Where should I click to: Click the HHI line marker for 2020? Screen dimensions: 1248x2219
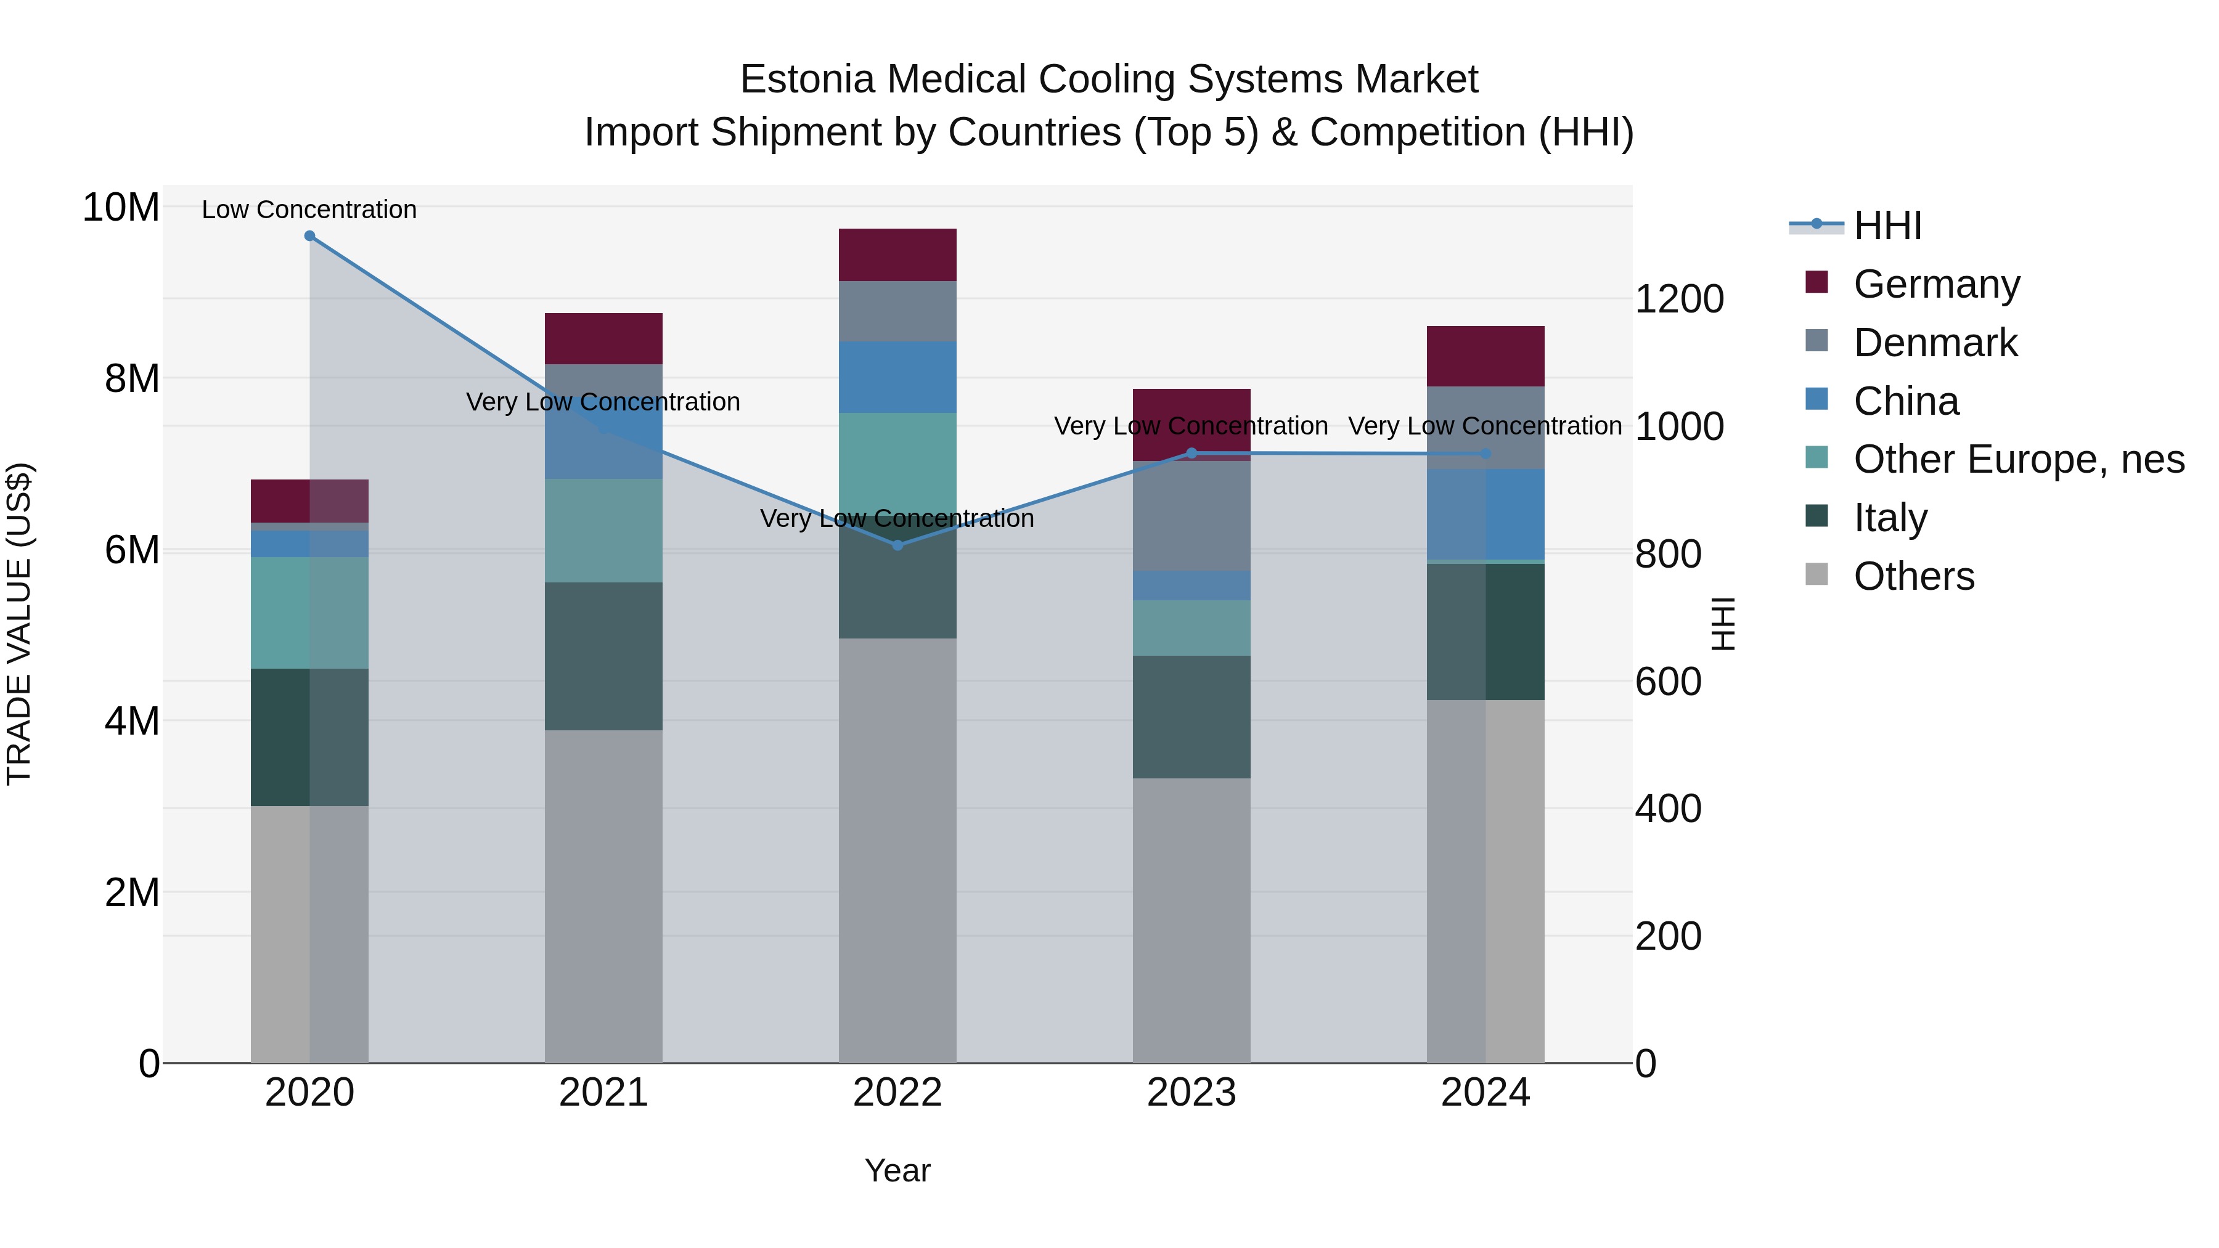pos(309,235)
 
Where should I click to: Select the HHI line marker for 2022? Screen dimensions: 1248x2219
pos(897,545)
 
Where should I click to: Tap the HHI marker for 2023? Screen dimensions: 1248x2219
pos(1191,453)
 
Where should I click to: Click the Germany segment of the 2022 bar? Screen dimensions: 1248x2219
pos(897,255)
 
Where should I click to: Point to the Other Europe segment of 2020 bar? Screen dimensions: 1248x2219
pos(309,613)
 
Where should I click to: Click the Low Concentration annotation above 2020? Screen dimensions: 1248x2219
pos(309,210)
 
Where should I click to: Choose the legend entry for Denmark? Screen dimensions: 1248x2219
pos(1935,343)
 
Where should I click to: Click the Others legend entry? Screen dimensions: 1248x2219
pos(1913,576)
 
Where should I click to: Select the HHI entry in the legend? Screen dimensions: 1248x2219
pos(1887,226)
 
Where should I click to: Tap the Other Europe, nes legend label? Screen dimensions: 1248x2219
pos(2018,459)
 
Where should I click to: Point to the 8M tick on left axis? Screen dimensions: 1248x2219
pos(132,379)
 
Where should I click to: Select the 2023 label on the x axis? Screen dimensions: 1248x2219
pos(1191,1093)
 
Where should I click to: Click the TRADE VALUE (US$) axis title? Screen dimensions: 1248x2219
pos(19,624)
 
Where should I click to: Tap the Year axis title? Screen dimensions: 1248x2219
pos(897,1170)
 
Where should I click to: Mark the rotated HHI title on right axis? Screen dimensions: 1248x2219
pos(1723,624)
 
